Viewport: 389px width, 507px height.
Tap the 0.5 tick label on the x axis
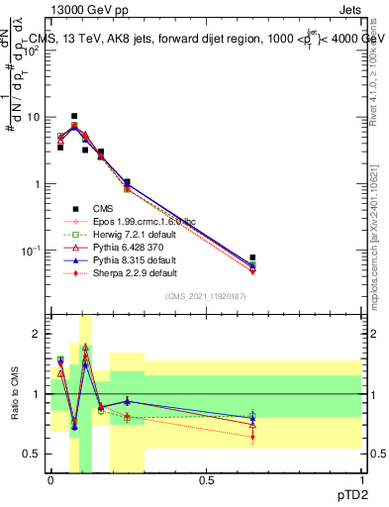[206, 479]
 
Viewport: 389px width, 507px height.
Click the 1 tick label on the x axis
[361, 479]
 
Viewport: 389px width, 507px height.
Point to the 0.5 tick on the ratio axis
[34, 454]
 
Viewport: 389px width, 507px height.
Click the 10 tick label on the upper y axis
[33, 117]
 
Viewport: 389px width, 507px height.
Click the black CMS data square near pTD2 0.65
[252, 257]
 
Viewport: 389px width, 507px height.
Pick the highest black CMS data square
[73, 116]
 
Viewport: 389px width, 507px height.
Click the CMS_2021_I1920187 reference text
[206, 296]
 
